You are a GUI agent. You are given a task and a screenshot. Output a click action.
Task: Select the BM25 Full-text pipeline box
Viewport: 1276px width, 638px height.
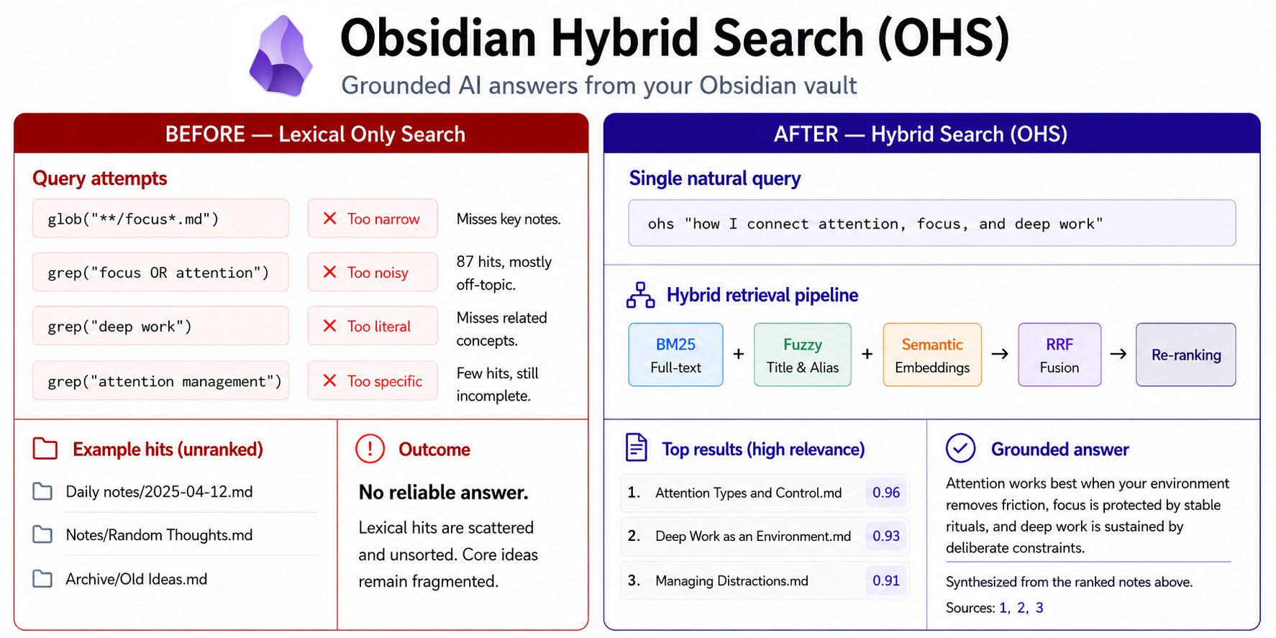point(675,355)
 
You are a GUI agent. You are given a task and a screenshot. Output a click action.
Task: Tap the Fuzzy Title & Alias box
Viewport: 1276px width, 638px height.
point(802,355)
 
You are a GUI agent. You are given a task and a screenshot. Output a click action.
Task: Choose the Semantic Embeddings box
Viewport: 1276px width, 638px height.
point(932,355)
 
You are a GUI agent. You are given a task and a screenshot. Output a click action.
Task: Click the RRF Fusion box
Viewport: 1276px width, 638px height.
point(1059,355)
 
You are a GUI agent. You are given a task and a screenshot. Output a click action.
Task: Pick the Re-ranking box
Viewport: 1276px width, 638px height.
point(1186,355)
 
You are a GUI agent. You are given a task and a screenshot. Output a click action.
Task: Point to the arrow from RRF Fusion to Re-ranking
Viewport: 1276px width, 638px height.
point(1118,354)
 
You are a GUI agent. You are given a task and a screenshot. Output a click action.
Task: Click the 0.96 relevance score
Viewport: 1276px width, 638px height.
point(886,493)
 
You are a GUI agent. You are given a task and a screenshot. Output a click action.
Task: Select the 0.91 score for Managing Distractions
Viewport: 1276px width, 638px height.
point(886,580)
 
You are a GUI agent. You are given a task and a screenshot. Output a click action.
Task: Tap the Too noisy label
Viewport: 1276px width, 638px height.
point(378,273)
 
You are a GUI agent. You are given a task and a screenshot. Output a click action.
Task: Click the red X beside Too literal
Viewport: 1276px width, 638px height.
point(330,326)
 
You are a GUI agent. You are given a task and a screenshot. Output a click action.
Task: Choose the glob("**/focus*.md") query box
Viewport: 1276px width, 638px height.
point(160,219)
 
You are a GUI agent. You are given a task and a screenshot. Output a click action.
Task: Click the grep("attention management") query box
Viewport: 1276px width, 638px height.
point(160,381)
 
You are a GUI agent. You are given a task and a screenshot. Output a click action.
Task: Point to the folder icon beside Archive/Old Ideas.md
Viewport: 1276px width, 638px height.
point(42,579)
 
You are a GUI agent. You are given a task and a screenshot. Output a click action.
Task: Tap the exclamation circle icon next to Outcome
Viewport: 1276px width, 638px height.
point(370,449)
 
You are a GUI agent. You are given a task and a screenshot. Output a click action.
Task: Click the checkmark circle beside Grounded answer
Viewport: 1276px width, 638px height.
point(961,448)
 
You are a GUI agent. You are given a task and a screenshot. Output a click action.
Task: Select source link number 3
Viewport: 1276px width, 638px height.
point(1039,608)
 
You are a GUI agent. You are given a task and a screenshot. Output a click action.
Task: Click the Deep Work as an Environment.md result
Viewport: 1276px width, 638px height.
point(753,537)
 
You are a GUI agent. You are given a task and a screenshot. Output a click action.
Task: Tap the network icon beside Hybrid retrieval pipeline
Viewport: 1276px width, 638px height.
point(640,295)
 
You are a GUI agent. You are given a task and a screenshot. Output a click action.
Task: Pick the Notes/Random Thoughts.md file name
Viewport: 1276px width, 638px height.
point(159,535)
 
